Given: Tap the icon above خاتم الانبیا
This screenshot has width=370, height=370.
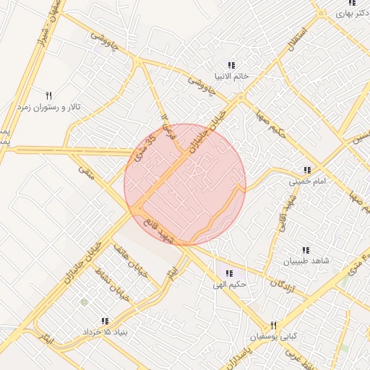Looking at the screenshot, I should pyautogui.click(x=231, y=65).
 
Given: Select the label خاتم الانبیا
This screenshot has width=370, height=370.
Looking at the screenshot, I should pyautogui.click(x=231, y=75).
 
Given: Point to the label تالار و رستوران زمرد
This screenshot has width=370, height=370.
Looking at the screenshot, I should pyautogui.click(x=50, y=106).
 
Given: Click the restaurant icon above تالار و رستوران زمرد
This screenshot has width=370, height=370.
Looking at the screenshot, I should pyautogui.click(x=49, y=95).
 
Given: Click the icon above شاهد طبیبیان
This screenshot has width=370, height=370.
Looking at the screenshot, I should pyautogui.click(x=306, y=249).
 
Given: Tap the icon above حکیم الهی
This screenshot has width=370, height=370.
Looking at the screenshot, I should pyautogui.click(x=229, y=273).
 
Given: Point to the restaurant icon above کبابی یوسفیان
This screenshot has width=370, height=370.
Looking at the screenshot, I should pyautogui.click(x=273, y=326).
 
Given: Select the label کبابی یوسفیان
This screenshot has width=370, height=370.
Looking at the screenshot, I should pyautogui.click(x=273, y=337).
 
